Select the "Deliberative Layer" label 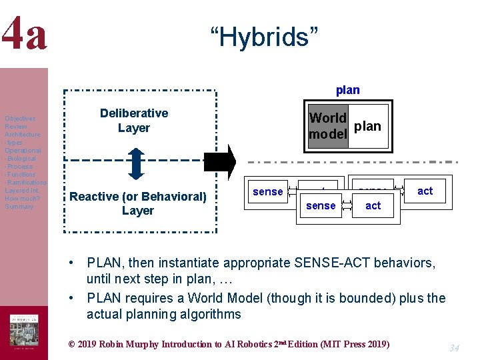pos(134,121)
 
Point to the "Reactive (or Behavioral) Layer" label pos(138,203)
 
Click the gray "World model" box pos(328,126)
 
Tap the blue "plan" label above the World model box pos(347,90)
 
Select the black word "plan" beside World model pos(368,125)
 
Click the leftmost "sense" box pos(268,192)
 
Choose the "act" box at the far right pos(425,191)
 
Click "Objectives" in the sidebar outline pos(20,119)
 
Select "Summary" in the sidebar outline pos(19,207)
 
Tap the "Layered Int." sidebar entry pos(22,191)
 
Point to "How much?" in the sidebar pos(21,199)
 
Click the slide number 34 pos(454,348)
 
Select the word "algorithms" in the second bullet pos(209,314)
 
